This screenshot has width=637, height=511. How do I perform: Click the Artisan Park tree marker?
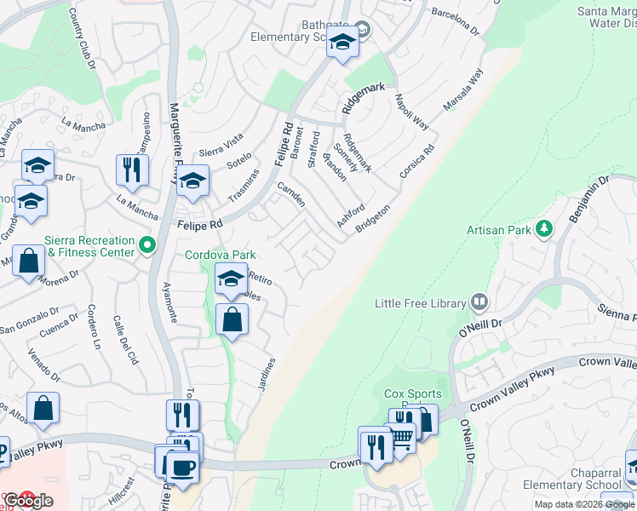542,228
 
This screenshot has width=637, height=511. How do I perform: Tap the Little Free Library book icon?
480,302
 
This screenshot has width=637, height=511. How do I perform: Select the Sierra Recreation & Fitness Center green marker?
147,246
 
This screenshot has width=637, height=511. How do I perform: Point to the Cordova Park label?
221,255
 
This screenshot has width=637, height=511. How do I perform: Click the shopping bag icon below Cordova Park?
232,320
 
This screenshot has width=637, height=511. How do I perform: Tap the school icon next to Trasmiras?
193,181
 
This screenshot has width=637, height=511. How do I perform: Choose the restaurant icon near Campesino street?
132,169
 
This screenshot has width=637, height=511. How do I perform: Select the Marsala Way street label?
462,89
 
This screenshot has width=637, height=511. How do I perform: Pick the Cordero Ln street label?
94,329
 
